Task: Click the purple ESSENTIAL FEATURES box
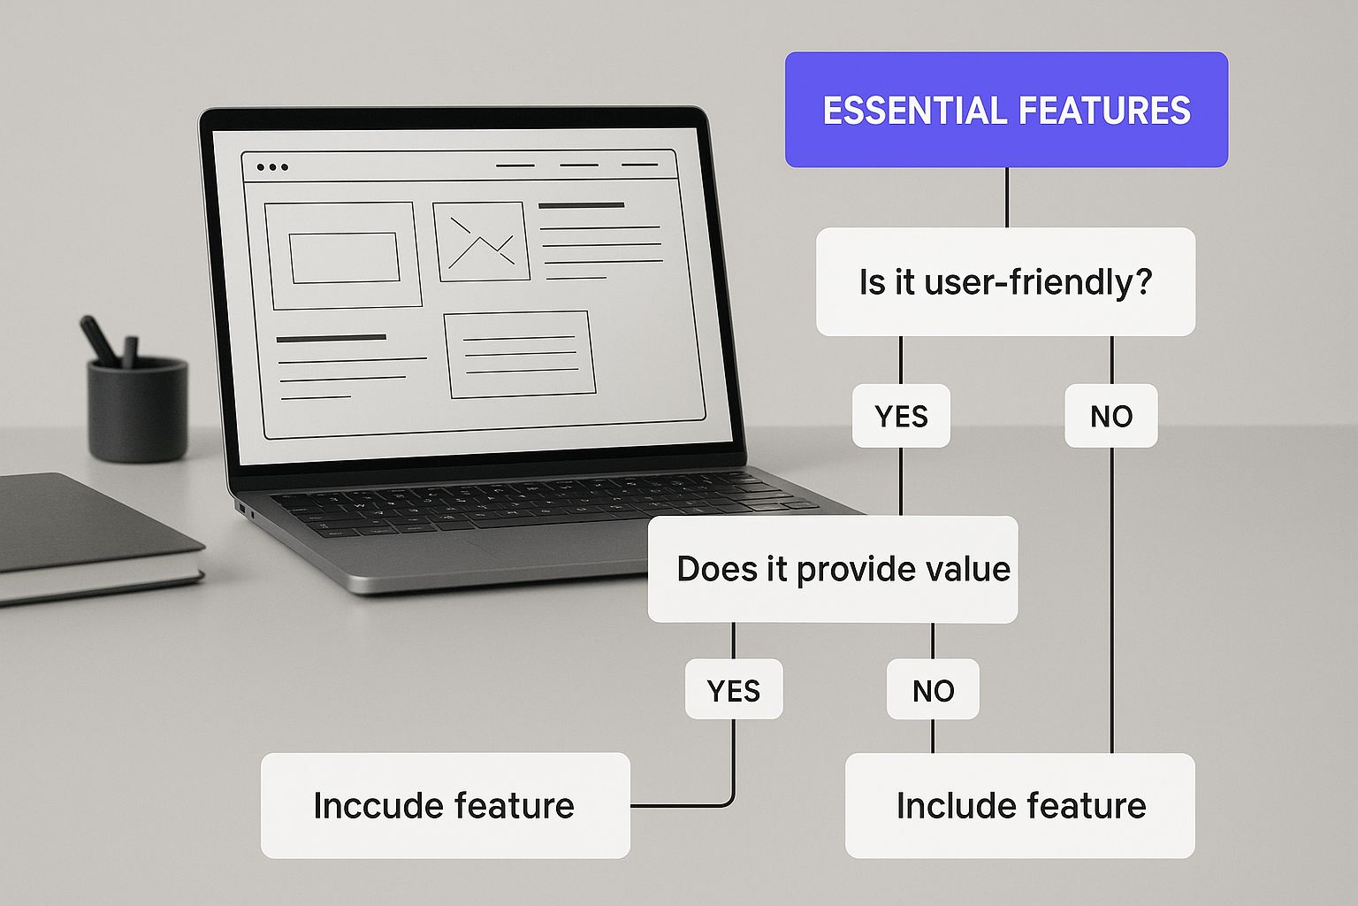[x=1006, y=109]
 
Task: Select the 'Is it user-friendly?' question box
[x=1006, y=281]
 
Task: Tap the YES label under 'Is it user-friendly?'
[x=901, y=416]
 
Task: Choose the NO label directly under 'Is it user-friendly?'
[x=1111, y=416]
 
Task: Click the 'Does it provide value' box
[x=832, y=569]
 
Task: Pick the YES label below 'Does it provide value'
[x=734, y=689]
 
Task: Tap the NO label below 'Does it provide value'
[x=933, y=689]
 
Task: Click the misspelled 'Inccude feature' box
[x=446, y=805]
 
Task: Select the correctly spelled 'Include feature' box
[x=1019, y=805]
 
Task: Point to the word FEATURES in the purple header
[x=1104, y=110]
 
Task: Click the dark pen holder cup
[x=138, y=410]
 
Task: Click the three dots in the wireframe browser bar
[x=272, y=167]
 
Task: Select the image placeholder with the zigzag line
[x=481, y=242]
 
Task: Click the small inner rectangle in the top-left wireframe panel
[x=344, y=257]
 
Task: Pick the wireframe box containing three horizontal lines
[x=520, y=355]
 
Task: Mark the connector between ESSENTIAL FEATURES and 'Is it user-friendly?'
[x=1007, y=197]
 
